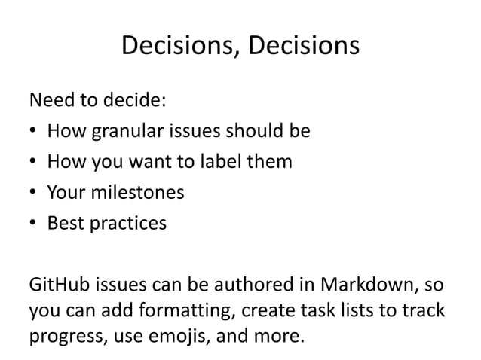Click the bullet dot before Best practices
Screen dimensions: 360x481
click(x=33, y=224)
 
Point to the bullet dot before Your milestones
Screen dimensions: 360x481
click(x=33, y=194)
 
